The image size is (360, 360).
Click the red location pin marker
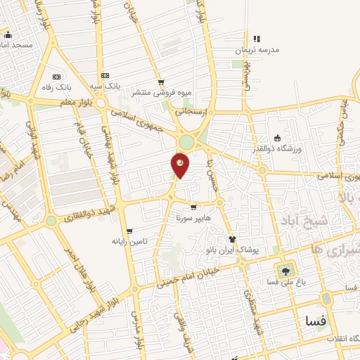180,165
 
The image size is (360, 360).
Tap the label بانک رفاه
57,87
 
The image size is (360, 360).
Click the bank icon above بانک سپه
105,75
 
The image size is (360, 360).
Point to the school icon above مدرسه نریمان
256,39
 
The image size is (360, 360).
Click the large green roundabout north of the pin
186,142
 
